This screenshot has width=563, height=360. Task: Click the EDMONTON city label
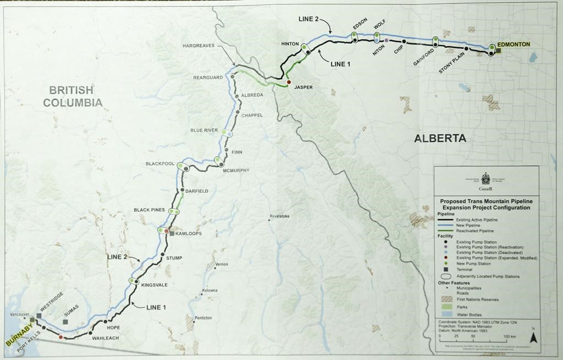tap(514, 44)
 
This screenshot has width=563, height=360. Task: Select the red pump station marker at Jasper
tap(289, 82)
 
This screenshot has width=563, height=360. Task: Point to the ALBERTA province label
tap(440, 139)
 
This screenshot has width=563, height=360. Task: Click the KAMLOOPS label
tap(189, 234)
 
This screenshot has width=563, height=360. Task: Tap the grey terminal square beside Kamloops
tap(172, 234)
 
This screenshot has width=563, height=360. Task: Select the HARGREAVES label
tap(198, 46)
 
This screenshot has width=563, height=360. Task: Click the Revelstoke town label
tap(280, 216)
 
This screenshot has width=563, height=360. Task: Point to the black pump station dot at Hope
tap(105, 322)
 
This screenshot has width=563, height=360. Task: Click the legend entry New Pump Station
tap(471, 264)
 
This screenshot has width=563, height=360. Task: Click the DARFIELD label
tap(196, 191)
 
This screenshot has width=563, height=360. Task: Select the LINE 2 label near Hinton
tap(308, 19)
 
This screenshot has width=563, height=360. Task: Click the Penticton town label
tap(203, 318)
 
